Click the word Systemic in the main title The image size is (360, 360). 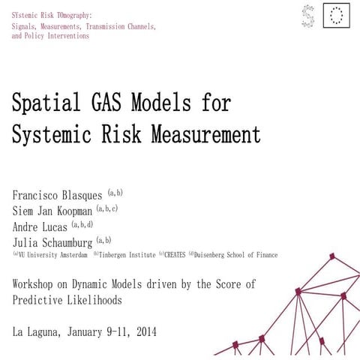click(x=51, y=134)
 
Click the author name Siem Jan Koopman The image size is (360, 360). click(x=52, y=211)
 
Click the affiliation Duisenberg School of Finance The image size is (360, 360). click(x=236, y=256)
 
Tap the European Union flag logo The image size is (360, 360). click(x=337, y=15)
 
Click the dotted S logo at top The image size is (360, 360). click(x=307, y=15)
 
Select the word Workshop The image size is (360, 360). click(x=37, y=285)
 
